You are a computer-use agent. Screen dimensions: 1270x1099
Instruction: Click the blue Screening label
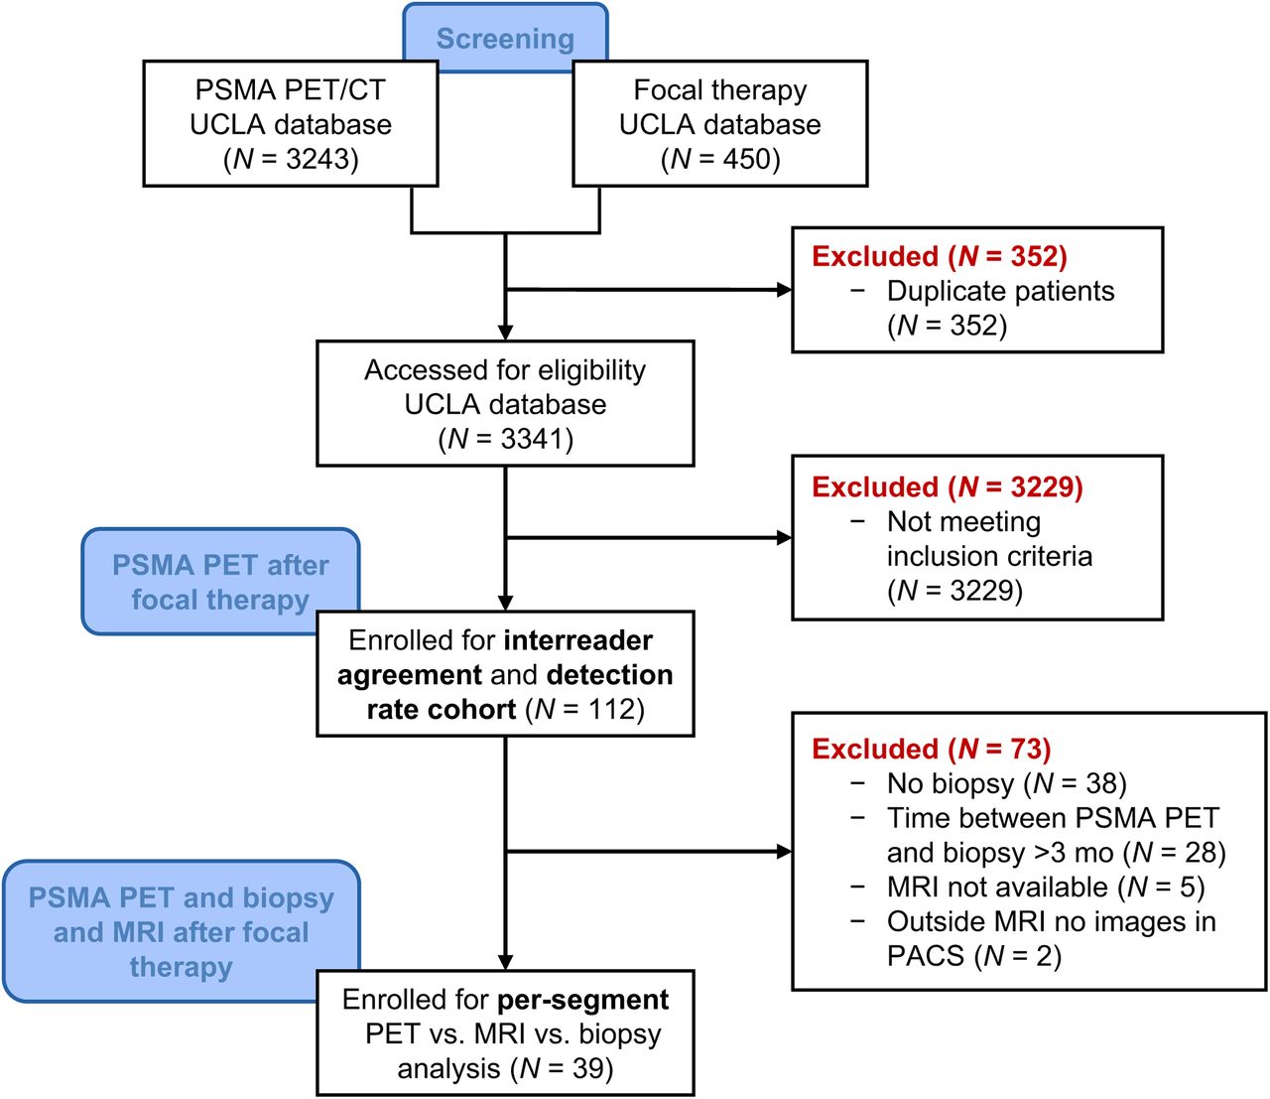pyautogui.click(x=505, y=38)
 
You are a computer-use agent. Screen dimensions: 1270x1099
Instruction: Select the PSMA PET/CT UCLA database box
pyautogui.click(x=291, y=123)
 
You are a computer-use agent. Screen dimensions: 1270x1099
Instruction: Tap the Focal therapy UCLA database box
pyautogui.click(x=720, y=123)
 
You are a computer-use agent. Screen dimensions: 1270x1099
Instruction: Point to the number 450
pyautogui.click(x=745, y=159)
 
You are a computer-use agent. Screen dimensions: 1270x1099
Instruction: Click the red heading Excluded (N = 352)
pyautogui.click(x=940, y=256)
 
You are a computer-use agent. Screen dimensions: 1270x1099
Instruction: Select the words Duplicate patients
pyautogui.click(x=1000, y=291)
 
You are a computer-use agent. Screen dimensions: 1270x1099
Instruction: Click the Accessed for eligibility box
pyautogui.click(x=505, y=404)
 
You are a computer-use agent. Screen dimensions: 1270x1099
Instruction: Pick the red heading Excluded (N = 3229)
pyautogui.click(x=947, y=486)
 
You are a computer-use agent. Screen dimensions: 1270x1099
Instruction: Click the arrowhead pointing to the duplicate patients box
pyautogui.click(x=785, y=290)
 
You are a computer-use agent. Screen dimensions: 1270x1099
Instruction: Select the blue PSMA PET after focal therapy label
pyautogui.click(x=220, y=582)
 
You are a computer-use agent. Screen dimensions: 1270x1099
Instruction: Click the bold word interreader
pyautogui.click(x=578, y=640)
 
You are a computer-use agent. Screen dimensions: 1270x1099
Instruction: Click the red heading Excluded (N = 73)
pyautogui.click(x=932, y=749)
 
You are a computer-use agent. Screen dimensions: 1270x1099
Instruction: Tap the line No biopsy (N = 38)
pyautogui.click(x=1007, y=783)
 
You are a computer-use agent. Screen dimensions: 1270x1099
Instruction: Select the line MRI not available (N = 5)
pyautogui.click(x=1046, y=887)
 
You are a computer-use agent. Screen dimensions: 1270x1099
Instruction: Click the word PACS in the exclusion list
pyautogui.click(x=926, y=956)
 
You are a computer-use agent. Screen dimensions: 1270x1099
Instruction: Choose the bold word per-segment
pyautogui.click(x=582, y=1000)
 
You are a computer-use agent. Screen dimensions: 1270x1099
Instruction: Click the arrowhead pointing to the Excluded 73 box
pyautogui.click(x=785, y=851)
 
